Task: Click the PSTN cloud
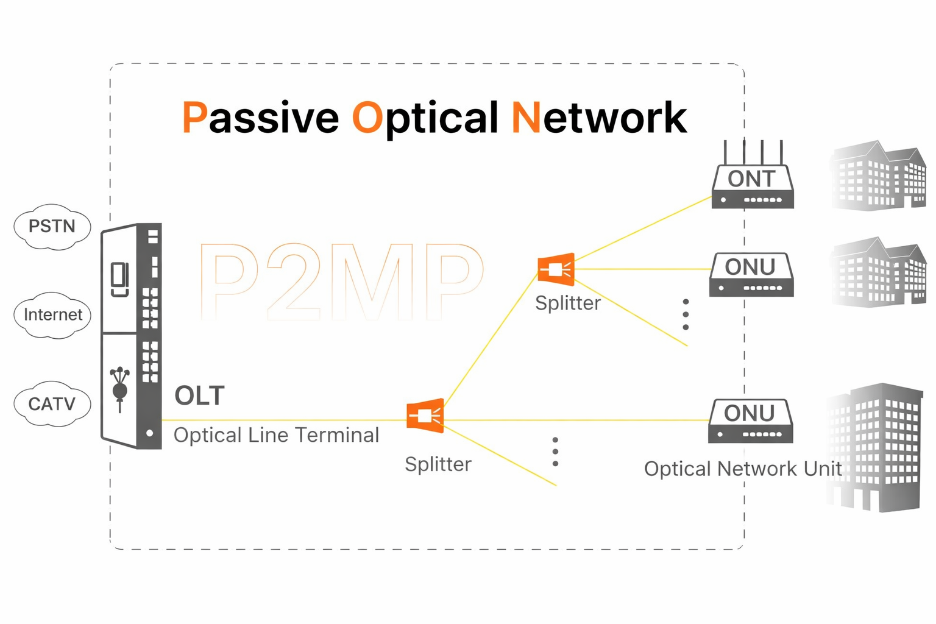52,227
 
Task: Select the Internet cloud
52,315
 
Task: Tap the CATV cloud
52,403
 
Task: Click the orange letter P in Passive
194,118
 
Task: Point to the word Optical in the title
425,118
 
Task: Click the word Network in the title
599,118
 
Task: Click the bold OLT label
200,396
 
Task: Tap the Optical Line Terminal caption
276,435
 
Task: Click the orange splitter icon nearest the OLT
425,416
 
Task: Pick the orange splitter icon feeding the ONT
556,269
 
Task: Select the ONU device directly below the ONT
751,275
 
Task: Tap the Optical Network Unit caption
742,469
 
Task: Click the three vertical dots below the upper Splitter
686,314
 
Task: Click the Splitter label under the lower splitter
438,464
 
